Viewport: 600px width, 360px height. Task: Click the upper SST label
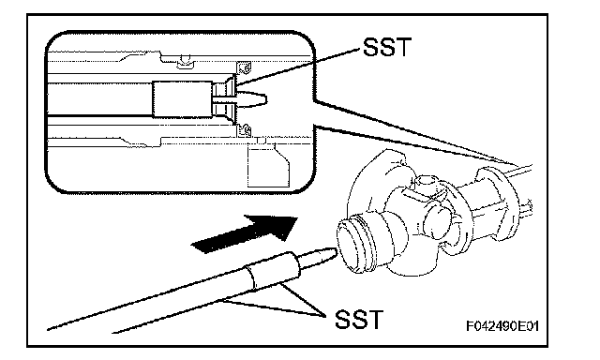point(386,47)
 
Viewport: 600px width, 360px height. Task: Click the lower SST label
point(358,320)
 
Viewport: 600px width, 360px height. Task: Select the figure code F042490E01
point(502,326)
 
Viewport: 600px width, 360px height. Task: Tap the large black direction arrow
point(245,234)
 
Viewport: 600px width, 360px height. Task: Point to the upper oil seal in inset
point(244,67)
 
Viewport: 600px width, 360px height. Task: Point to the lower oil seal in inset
point(244,130)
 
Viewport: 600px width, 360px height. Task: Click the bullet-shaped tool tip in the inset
point(252,100)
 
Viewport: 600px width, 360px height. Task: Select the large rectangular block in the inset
point(182,99)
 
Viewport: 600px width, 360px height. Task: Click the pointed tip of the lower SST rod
point(337,249)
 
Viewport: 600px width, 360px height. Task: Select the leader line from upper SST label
point(299,66)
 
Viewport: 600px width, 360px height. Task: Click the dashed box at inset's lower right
point(268,165)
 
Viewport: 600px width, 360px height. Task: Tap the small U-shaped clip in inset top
point(186,61)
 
